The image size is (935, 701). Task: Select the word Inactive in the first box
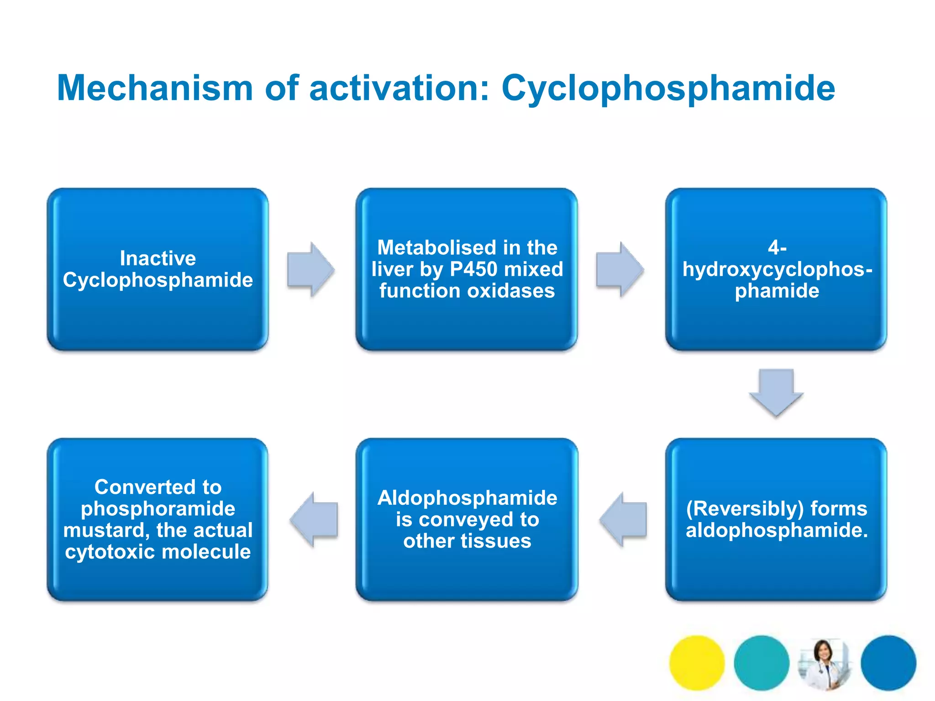[x=158, y=258]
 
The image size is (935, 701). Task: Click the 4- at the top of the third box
[x=777, y=247]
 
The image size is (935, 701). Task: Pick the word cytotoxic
[x=110, y=552]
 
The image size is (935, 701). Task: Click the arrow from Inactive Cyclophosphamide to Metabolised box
[x=310, y=269]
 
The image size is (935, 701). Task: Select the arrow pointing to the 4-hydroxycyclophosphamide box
[x=620, y=269]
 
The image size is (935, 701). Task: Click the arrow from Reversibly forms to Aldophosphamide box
[x=623, y=519]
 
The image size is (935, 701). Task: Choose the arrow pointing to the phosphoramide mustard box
[x=314, y=519]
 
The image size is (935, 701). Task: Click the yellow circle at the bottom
[x=697, y=663]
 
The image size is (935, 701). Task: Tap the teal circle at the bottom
[x=761, y=663]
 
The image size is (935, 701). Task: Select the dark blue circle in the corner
[x=888, y=663]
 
